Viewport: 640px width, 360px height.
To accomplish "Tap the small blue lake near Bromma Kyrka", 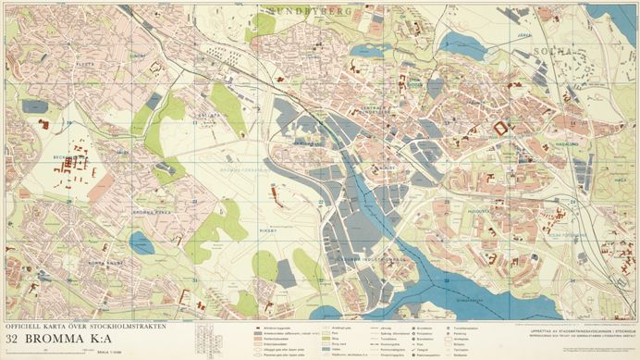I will [x=142, y=242].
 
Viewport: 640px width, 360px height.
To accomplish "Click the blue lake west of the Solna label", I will [x=462, y=44].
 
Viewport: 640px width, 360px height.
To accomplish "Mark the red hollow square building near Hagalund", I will [x=502, y=128].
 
